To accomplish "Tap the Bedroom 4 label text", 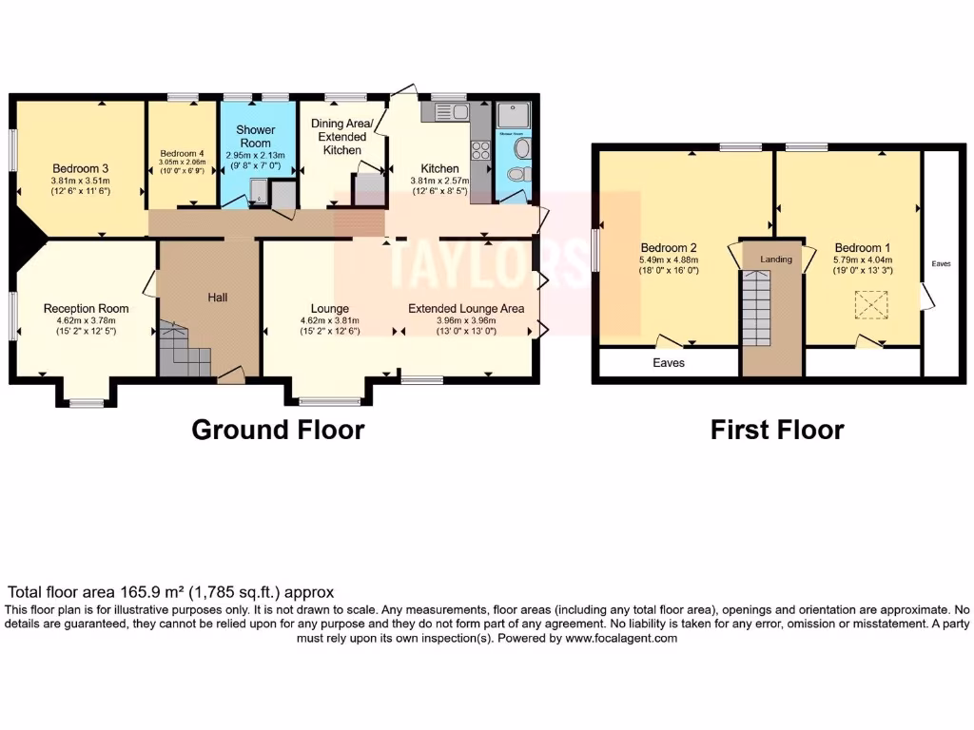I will [x=182, y=153].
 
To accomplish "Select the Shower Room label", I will [x=256, y=136].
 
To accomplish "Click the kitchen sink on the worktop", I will [x=446, y=112].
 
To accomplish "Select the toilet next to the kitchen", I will [x=515, y=175].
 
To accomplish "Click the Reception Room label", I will [x=86, y=309].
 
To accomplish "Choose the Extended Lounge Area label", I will [x=466, y=309].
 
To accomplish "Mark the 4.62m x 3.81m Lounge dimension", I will [x=329, y=321].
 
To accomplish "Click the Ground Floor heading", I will [x=278, y=430].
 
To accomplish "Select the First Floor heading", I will [x=777, y=430].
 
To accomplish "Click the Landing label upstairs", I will [x=775, y=259].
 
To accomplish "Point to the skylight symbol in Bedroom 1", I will [x=868, y=306].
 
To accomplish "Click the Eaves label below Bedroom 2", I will [x=670, y=363].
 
